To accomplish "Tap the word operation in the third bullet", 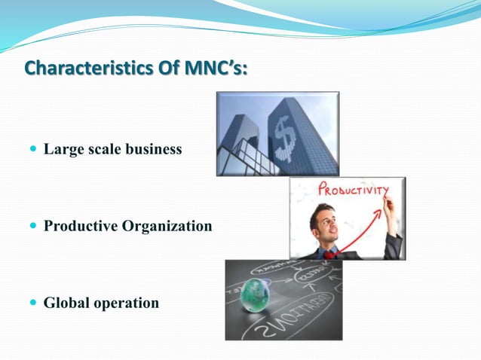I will click(x=125, y=303).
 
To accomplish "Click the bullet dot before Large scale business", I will click(x=32, y=149).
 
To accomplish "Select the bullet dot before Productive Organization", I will click(x=32, y=225).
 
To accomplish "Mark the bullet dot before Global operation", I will click(x=32, y=303).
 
